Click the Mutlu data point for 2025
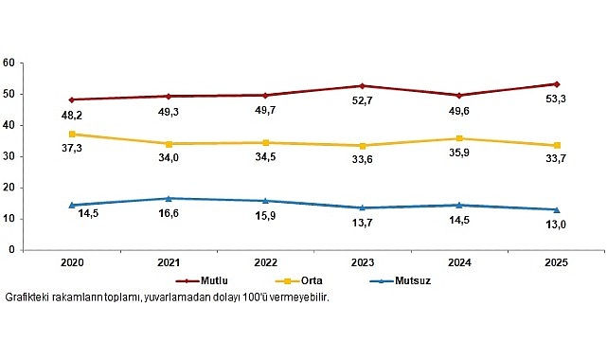click(x=556, y=83)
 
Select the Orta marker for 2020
click(x=72, y=134)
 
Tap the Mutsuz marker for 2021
click(x=169, y=198)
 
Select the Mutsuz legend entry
click(x=396, y=281)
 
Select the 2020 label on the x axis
click(x=72, y=263)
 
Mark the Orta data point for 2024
click(x=459, y=138)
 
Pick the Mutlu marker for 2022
click(x=265, y=95)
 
